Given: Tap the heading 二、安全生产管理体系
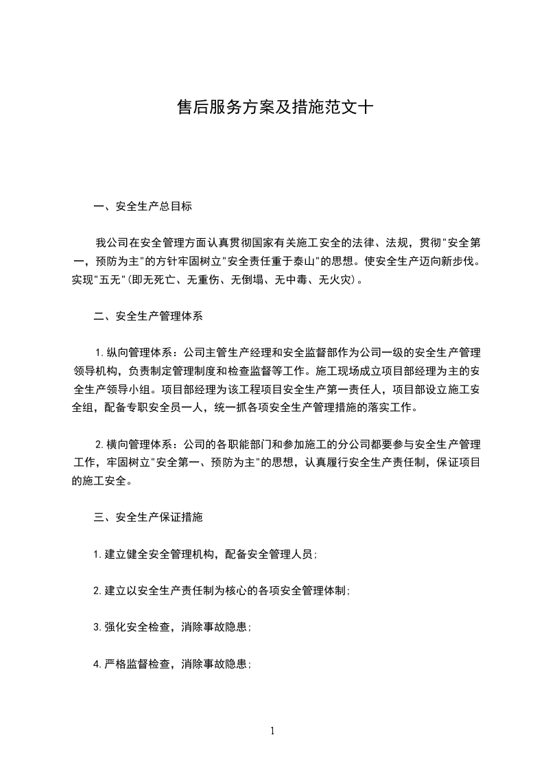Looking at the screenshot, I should click(148, 316).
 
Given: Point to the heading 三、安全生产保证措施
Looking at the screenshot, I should click(148, 517).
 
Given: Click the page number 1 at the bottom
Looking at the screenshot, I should click(272, 731).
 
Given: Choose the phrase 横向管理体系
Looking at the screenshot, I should click(138, 445).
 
